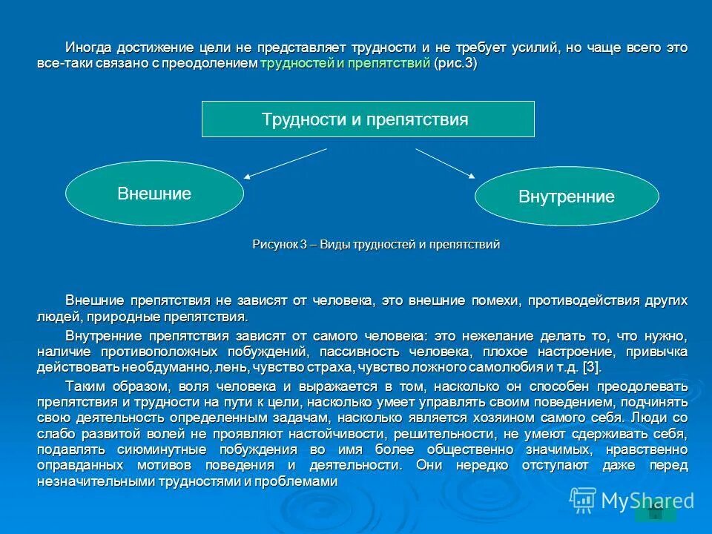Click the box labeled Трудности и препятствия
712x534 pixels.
368,119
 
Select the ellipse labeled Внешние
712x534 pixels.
154,194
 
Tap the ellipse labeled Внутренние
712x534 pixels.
567,197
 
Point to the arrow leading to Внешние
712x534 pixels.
286,163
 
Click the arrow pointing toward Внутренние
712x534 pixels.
445,162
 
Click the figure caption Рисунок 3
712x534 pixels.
376,244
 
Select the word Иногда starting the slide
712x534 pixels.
88,47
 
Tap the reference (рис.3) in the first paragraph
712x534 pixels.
455,64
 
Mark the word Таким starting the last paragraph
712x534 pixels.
86,386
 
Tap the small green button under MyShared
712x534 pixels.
655,513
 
